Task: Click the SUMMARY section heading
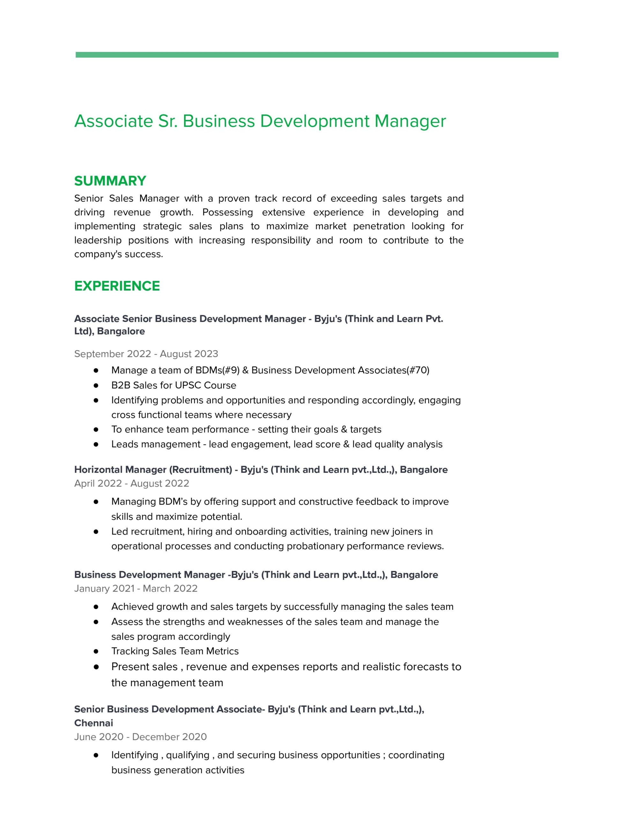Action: click(x=110, y=181)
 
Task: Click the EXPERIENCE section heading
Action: click(x=117, y=286)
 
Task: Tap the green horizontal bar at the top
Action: click(x=316, y=55)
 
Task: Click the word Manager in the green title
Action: click(x=410, y=121)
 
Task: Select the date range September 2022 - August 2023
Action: click(x=146, y=353)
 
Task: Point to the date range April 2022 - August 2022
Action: click(x=131, y=483)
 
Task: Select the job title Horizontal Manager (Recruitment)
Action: click(x=153, y=469)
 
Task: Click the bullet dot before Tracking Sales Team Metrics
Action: click(x=96, y=651)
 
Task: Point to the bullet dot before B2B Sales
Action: click(x=96, y=385)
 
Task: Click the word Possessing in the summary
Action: click(x=227, y=212)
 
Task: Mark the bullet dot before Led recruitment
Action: click(x=96, y=531)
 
